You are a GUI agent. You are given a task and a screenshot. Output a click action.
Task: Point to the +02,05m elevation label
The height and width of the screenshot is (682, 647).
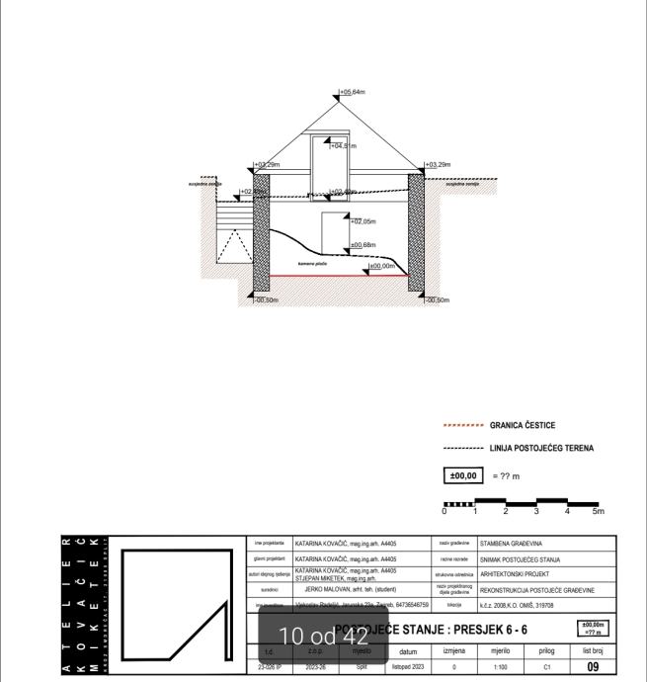point(364,222)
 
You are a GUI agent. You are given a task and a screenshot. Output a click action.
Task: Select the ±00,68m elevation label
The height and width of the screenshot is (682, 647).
point(364,244)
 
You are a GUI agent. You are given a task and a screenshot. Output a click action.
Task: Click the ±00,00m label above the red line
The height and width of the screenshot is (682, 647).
point(381,266)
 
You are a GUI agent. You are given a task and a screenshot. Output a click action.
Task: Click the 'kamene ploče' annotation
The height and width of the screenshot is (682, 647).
point(312,264)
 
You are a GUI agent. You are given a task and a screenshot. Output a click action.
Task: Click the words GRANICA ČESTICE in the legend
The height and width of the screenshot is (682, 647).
point(522,425)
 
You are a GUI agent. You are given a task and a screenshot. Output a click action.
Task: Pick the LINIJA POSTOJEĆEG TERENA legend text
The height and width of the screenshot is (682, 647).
point(541,449)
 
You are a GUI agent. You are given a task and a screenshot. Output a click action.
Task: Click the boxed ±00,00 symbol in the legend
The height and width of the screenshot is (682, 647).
point(463,474)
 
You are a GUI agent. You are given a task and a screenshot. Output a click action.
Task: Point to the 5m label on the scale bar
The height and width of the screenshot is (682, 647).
point(598,511)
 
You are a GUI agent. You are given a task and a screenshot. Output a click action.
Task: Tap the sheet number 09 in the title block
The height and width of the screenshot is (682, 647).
point(592,668)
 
